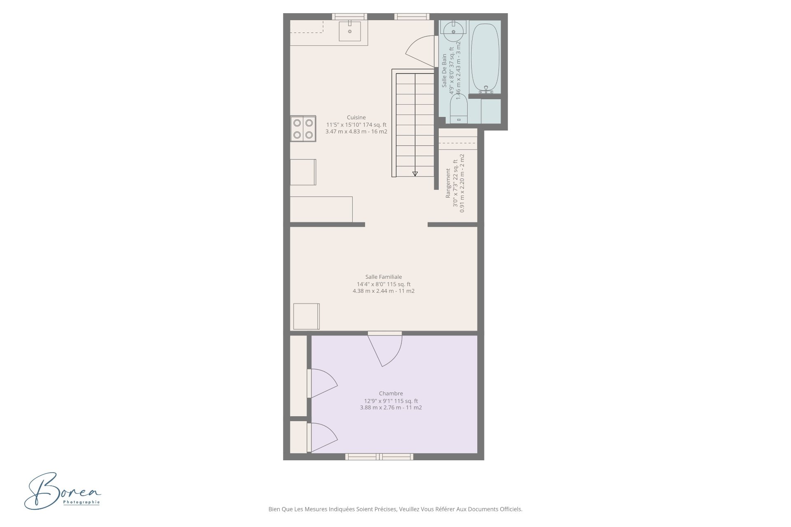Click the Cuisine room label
click(x=356, y=117)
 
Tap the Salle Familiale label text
click(x=384, y=277)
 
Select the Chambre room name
click(x=391, y=393)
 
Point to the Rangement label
click(x=448, y=183)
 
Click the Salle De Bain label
click(x=444, y=70)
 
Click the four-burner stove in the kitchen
click(x=303, y=128)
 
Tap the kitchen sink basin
click(x=350, y=31)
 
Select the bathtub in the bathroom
click(x=485, y=58)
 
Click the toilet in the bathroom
click(x=459, y=108)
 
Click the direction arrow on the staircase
click(x=415, y=174)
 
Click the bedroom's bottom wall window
click(x=379, y=457)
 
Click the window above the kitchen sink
click(x=350, y=16)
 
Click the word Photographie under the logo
click(x=82, y=502)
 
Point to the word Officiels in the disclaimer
click(x=511, y=509)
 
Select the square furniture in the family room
click(x=306, y=316)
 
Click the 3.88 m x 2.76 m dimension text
click(x=391, y=408)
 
